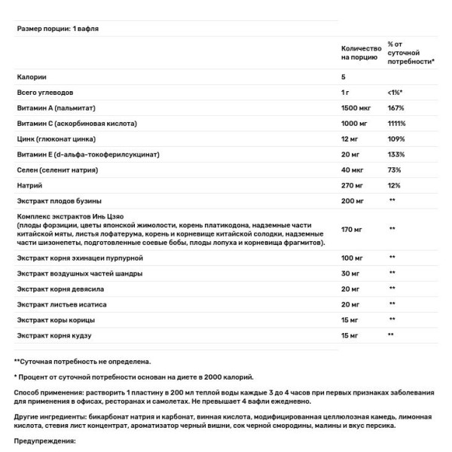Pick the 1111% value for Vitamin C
click(x=396, y=123)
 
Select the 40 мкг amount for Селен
click(x=353, y=169)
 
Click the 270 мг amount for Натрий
click(x=353, y=185)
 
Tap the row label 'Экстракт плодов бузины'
click(x=63, y=201)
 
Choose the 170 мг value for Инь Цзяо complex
click(x=352, y=228)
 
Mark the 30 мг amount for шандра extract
click(x=350, y=273)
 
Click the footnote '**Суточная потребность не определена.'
click(x=83, y=361)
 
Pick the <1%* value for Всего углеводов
click(x=395, y=92)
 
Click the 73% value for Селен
click(x=393, y=169)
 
